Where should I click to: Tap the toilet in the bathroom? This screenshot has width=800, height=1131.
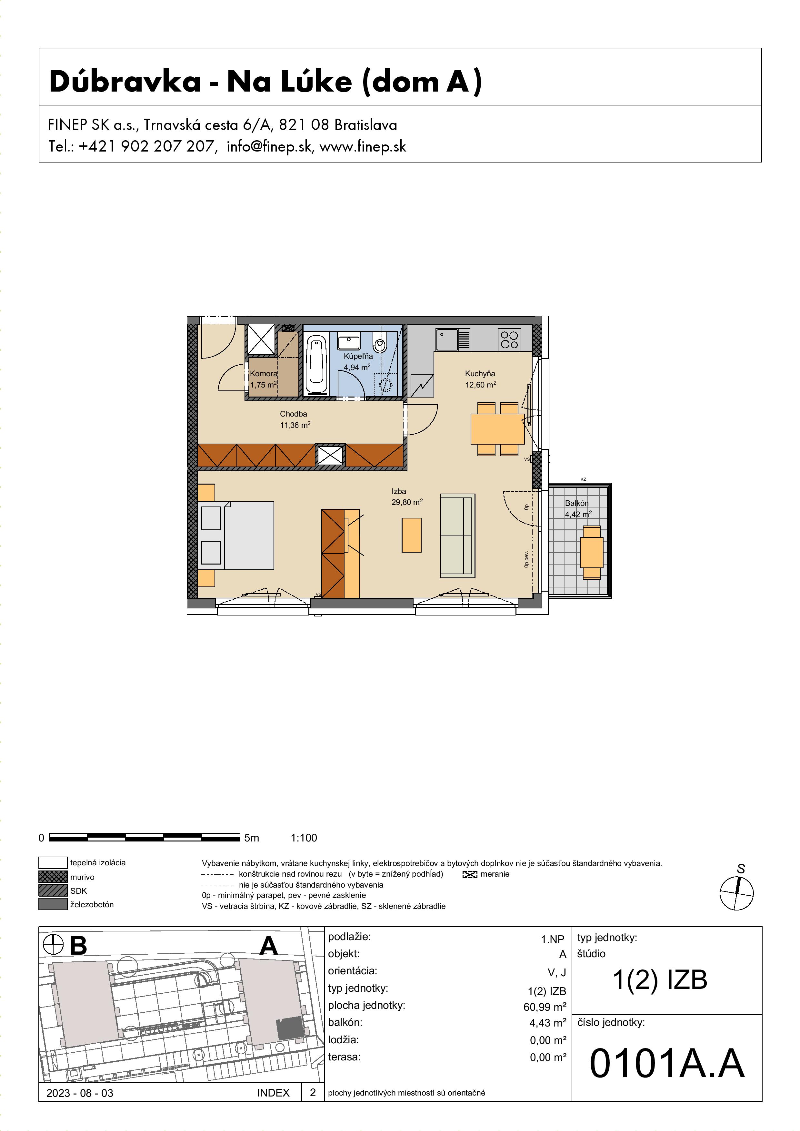380,341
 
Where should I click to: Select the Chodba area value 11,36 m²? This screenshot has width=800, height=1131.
295,425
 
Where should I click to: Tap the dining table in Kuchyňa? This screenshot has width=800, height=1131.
497,429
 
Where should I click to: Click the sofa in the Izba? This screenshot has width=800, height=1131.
457,536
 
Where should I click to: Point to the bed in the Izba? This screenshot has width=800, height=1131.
236,536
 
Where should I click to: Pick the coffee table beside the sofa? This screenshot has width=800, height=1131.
412,535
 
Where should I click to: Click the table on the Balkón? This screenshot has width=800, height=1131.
592,552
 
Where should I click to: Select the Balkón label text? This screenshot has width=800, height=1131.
577,503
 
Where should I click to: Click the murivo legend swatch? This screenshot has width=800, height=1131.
53,877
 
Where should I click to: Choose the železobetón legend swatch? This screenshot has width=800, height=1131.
53,904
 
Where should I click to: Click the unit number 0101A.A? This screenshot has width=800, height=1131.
667,1064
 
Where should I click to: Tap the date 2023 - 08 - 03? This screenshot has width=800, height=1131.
80,1093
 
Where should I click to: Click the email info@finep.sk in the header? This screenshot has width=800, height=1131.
269,146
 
